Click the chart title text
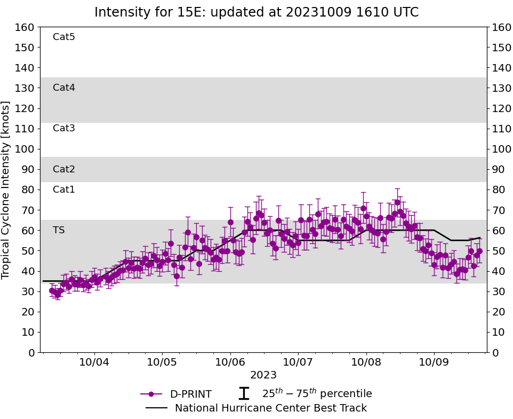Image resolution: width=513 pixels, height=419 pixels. point(256,12)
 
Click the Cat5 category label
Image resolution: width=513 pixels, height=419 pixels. point(64,37)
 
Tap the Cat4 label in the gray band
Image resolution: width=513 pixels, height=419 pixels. point(64,88)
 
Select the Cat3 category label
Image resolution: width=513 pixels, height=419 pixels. point(64,128)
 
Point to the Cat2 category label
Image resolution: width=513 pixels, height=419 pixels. point(64,169)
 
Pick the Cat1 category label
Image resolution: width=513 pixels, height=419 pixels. point(64,189)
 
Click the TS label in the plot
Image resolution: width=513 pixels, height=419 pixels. point(59,230)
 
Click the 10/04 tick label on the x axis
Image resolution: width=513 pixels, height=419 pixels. point(94,362)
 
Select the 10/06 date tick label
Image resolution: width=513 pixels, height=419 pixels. point(230,362)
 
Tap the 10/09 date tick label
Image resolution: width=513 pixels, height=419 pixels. point(434,362)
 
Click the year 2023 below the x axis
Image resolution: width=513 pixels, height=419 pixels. point(263,375)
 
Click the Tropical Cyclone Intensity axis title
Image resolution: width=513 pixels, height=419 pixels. point(6,189)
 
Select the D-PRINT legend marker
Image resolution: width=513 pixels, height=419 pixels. point(151,394)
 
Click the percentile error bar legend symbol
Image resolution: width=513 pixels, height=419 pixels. point(244,393)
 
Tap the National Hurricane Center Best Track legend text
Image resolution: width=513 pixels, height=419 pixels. point(271,408)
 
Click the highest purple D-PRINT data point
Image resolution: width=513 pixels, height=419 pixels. point(397,202)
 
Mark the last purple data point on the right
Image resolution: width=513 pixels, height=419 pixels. point(479,251)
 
